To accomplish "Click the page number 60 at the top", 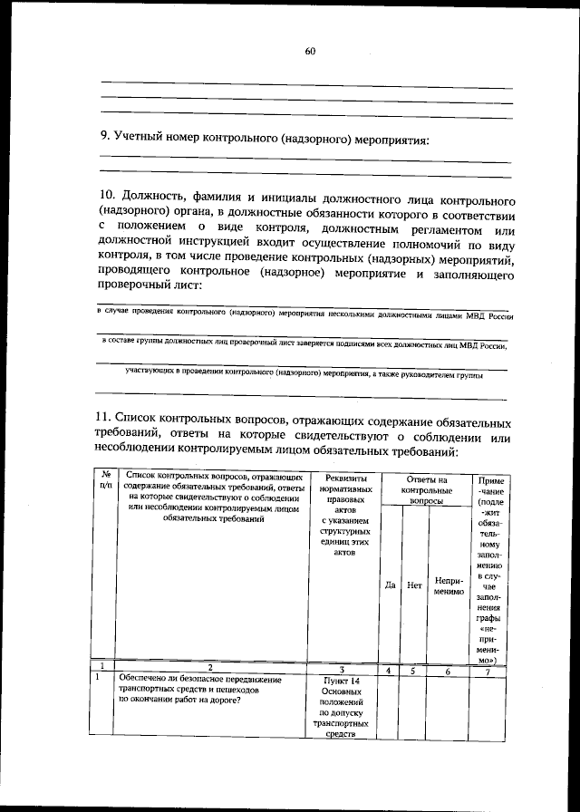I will tap(310, 52).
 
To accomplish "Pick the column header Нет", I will tap(415, 585).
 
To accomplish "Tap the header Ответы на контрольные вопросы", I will tap(426, 488).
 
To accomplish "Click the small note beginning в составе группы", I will tap(304, 345).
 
